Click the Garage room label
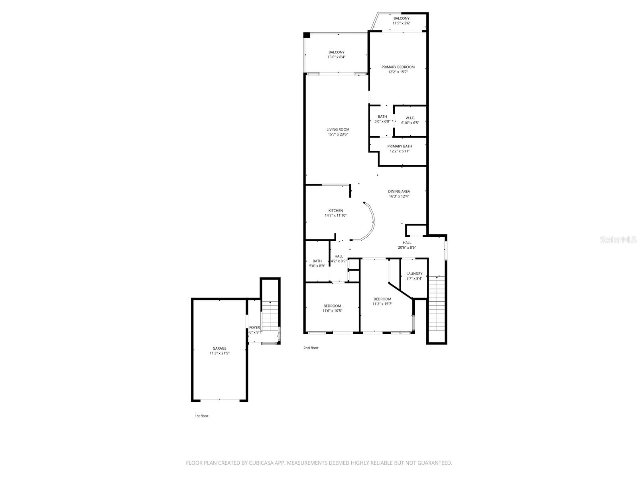pos(219,348)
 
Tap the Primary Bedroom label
pos(398,67)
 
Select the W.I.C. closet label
pos(410,118)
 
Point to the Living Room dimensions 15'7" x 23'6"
pos(338,135)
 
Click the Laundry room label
pos(414,273)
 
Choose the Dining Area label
pos(399,191)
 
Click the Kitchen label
pos(335,210)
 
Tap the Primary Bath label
pos(400,146)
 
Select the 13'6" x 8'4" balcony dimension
pos(336,57)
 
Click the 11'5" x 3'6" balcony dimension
pos(401,23)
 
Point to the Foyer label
pos(254,327)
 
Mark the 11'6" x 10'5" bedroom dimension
pos(332,311)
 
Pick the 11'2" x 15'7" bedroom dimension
pos(382,304)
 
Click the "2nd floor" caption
pos(311,348)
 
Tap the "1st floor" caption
pos(201,416)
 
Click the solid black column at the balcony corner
pos(307,35)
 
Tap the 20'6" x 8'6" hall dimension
pos(407,247)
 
